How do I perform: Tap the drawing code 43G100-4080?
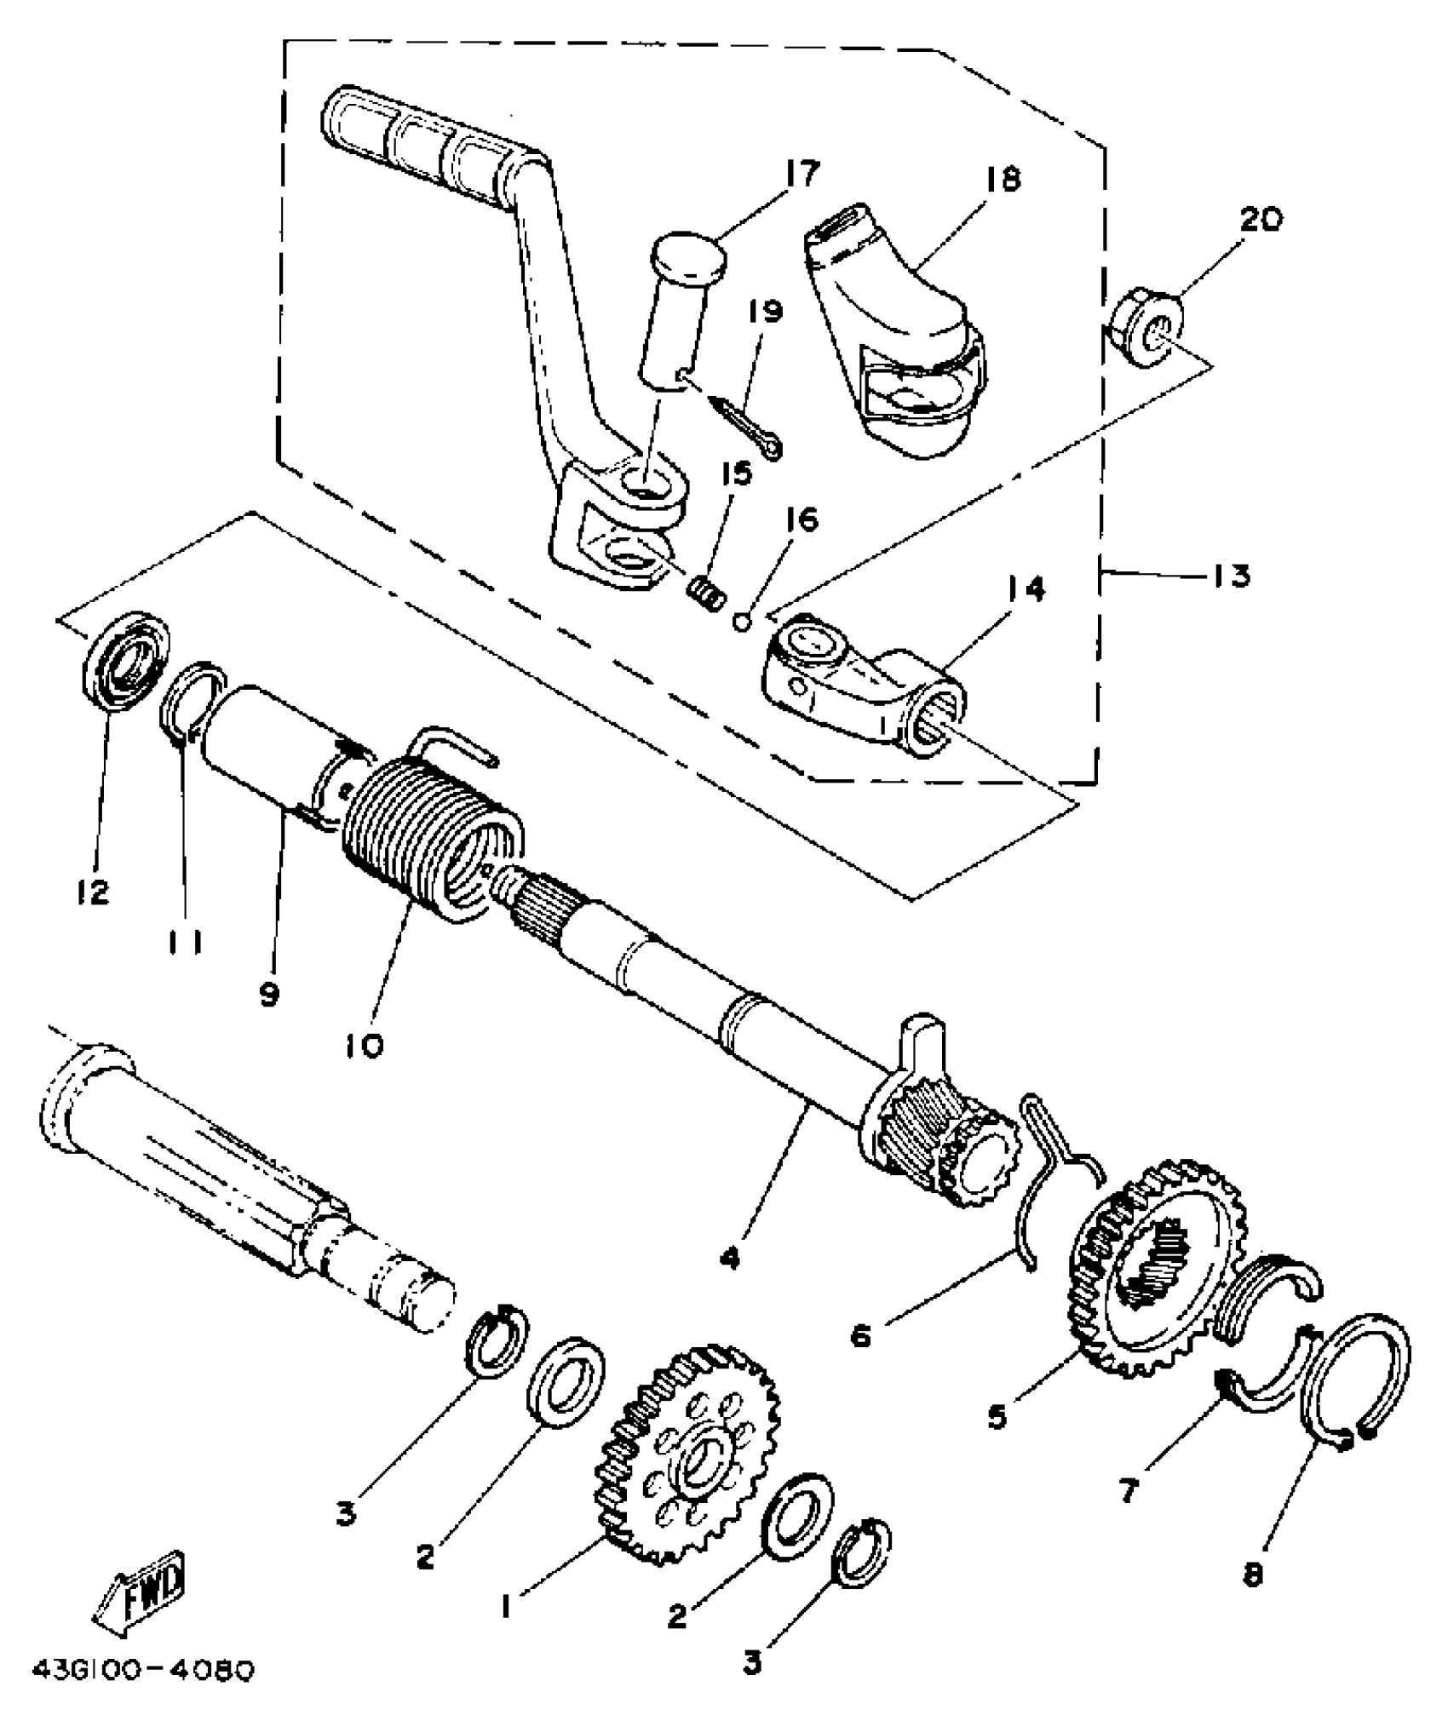coord(143,1672)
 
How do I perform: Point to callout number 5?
coord(997,1415)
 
